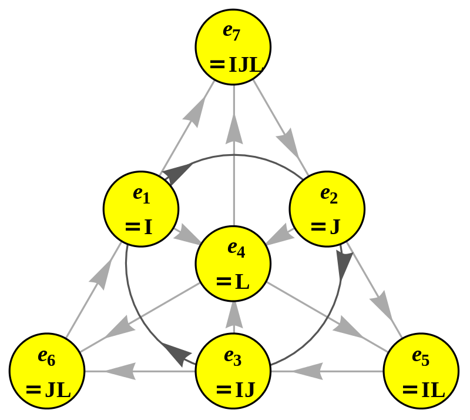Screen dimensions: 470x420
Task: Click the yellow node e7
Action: [233, 47]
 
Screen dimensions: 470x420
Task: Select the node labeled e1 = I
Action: [141, 209]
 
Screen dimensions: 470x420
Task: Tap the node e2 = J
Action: [327, 209]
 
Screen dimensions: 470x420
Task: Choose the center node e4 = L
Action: [233, 264]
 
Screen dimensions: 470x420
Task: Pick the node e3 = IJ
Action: [233, 371]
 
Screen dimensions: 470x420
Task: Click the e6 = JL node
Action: [47, 371]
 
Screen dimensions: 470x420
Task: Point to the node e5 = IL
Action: [421, 371]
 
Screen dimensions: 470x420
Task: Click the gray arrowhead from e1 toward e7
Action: [195, 112]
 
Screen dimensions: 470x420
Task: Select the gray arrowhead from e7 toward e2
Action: [288, 143]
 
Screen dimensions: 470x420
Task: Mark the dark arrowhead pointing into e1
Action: [177, 174]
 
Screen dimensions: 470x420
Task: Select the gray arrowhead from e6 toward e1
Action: [102, 274]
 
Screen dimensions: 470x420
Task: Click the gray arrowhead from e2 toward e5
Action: [381, 305]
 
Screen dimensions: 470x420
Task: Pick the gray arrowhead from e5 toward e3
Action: [307, 371]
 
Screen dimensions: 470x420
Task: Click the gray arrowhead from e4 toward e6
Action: [120, 326]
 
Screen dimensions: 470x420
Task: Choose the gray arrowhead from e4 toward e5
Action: [348, 328]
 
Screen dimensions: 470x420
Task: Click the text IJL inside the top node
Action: [245, 65]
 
